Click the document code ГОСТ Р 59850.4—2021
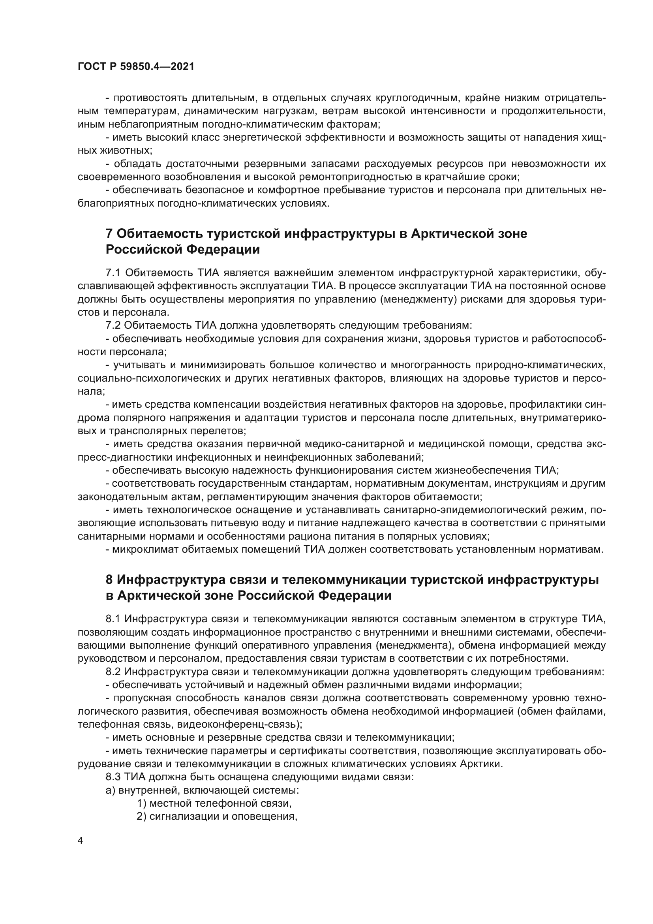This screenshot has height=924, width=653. (x=136, y=67)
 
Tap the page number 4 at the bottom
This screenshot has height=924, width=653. (x=81, y=841)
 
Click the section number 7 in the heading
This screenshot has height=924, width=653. (x=109, y=233)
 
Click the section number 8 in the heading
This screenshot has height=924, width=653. (x=109, y=580)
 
